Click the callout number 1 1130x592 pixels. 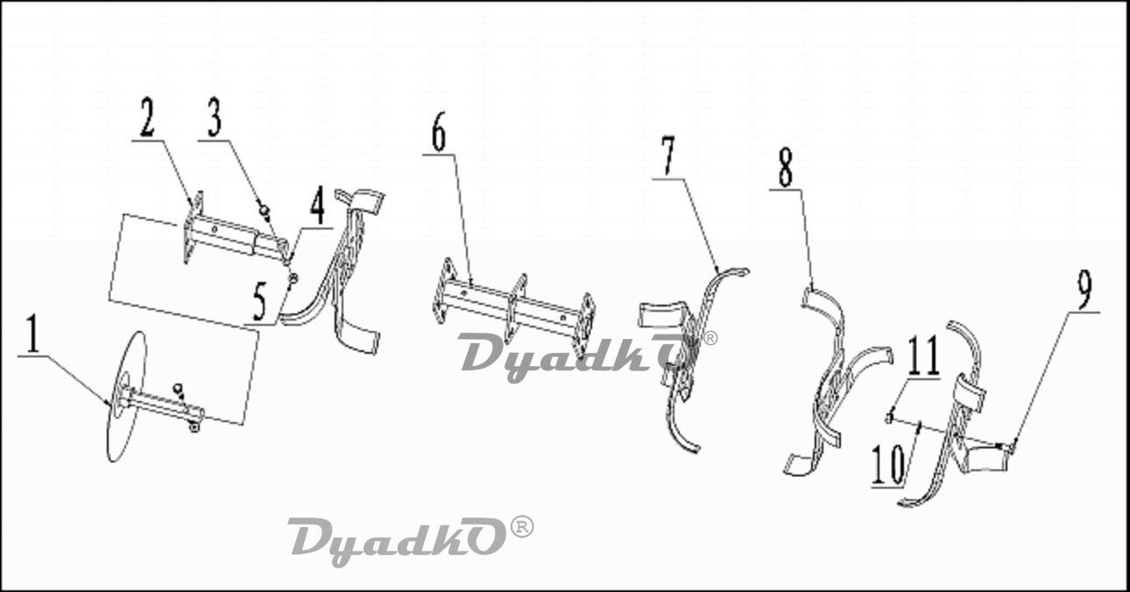pos(32,334)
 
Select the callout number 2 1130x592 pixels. pos(147,117)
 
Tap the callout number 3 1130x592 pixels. pos(215,117)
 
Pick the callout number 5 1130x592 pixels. pos(259,301)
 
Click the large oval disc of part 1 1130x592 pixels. pos(127,396)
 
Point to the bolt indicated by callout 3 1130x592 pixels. pos(264,208)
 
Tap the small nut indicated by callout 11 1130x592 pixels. pos(889,417)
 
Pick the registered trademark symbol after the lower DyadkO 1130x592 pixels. pos(522,527)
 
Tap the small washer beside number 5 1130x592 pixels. pos(293,278)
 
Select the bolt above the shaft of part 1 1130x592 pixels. pos(178,390)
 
